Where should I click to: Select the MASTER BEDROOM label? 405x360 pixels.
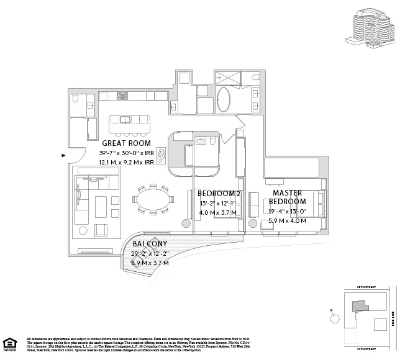[287, 197]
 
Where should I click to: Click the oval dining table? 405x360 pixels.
[153, 199]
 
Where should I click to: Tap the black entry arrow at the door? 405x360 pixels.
[64, 156]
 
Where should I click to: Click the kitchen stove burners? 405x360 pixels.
[122, 97]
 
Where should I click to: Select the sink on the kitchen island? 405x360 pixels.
[124, 119]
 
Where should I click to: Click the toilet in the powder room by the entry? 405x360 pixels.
[75, 99]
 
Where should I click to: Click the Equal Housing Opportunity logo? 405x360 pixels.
[9, 343]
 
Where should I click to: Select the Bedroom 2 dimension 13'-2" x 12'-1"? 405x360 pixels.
[218, 203]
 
